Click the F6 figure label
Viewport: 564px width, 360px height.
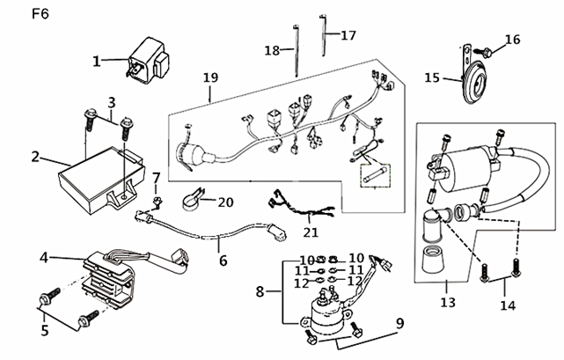click(x=40, y=14)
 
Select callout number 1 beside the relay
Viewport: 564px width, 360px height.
click(x=97, y=62)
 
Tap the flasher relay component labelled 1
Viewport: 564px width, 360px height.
click(x=147, y=62)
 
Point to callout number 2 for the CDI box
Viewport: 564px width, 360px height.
click(x=35, y=157)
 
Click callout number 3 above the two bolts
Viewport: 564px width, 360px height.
click(x=112, y=103)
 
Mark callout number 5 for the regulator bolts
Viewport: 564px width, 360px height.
click(x=45, y=330)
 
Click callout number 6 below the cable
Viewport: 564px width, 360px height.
click(x=223, y=261)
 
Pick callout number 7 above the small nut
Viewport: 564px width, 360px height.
click(x=156, y=178)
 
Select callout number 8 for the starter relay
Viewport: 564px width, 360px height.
click(x=260, y=291)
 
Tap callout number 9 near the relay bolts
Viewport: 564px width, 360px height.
click(x=400, y=323)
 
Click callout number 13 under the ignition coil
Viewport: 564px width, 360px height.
click(x=448, y=302)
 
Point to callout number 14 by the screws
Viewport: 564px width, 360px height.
click(x=508, y=305)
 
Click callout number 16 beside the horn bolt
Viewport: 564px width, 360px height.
click(x=513, y=40)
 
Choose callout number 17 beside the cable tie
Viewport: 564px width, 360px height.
click(x=348, y=35)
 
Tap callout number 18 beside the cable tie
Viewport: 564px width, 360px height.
click(x=272, y=50)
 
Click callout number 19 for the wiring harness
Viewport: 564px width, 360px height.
click(x=211, y=77)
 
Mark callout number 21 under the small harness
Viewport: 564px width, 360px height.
click(x=311, y=232)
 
